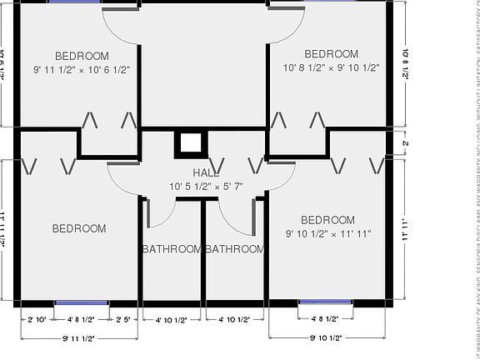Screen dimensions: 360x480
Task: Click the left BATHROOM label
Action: click(x=172, y=249)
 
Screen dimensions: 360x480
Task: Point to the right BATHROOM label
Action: click(x=235, y=249)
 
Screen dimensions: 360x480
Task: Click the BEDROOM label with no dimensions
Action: click(x=79, y=228)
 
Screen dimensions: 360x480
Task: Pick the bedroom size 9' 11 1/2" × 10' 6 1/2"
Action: click(x=82, y=70)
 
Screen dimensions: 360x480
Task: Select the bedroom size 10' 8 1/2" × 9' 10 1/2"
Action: click(x=332, y=67)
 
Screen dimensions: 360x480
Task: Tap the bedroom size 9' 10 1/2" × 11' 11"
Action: click(x=327, y=234)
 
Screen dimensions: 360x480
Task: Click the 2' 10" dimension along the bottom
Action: click(x=37, y=319)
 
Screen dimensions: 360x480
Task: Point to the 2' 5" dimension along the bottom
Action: click(x=125, y=319)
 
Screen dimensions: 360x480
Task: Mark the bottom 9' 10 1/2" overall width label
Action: click(x=329, y=337)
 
